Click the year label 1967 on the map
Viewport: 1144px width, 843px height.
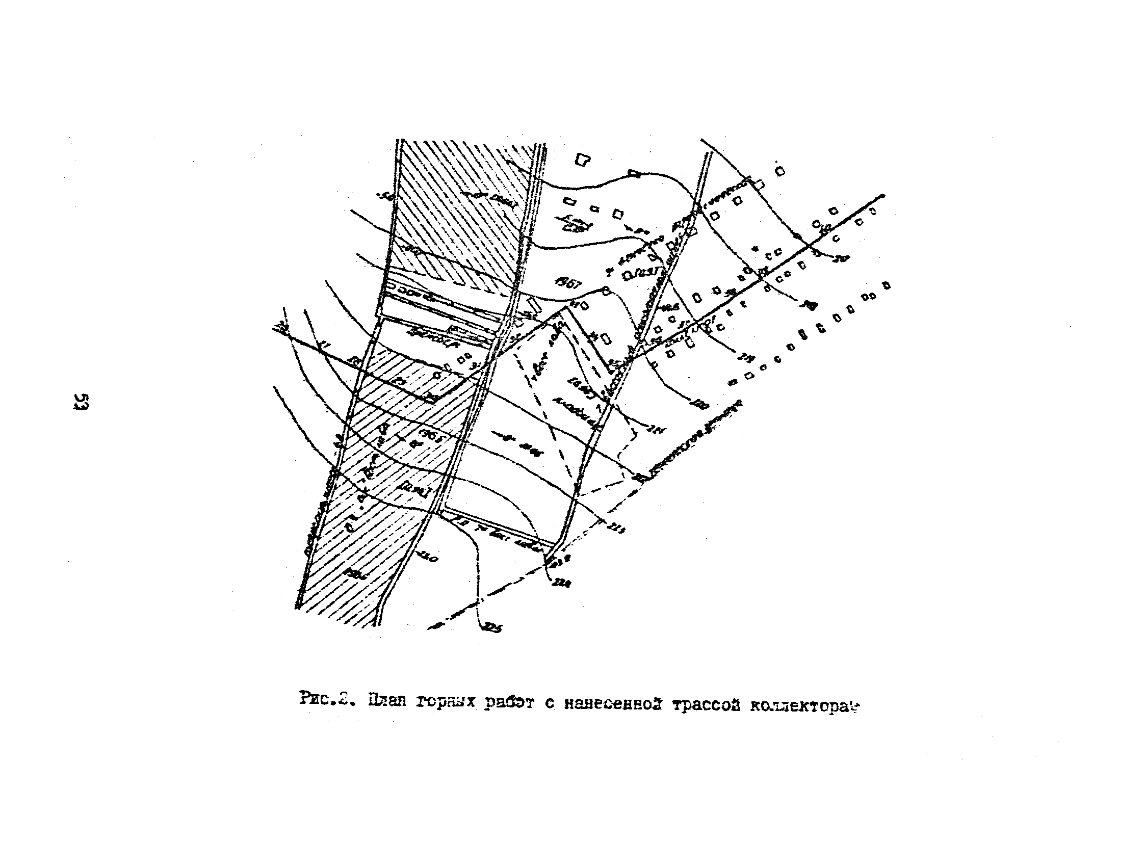(x=567, y=284)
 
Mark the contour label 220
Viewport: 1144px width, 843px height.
(x=699, y=406)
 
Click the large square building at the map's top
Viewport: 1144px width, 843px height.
(x=582, y=160)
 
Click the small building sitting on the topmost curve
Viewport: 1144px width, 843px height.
(x=634, y=173)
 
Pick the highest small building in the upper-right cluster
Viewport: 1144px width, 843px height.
(x=779, y=170)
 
